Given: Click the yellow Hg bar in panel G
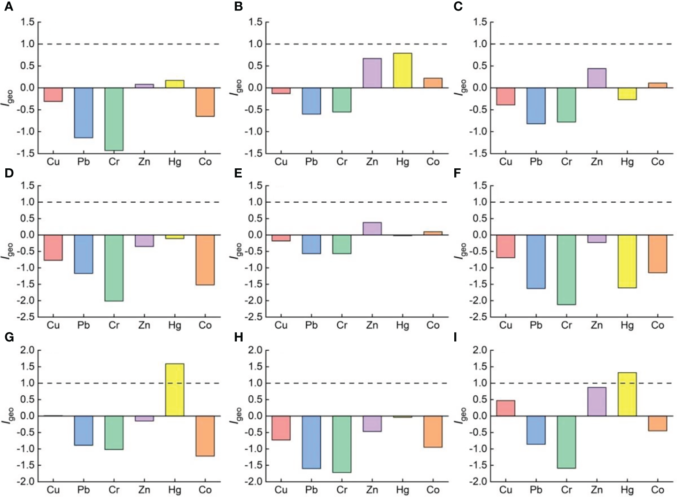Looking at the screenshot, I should (x=175, y=389).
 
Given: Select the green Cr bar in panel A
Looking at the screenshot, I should (x=114, y=119).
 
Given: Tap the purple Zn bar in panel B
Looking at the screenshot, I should (x=372, y=73).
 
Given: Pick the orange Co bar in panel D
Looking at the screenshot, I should (x=205, y=260).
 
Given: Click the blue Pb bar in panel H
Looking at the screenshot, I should (x=311, y=442).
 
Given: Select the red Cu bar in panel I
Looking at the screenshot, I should (x=505, y=408).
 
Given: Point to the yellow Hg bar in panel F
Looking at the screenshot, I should (x=627, y=261).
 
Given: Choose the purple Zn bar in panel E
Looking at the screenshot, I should (x=372, y=228).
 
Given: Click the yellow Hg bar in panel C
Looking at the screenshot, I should (x=627, y=94).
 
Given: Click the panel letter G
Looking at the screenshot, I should (x=9, y=338).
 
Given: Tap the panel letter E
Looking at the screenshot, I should (x=238, y=173).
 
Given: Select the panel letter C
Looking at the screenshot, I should (x=458, y=7).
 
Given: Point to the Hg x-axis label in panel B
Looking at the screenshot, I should (x=402, y=162).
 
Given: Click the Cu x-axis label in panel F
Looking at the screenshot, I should (x=505, y=326).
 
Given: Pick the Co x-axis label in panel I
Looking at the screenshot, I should (x=657, y=490).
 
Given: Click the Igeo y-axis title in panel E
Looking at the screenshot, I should (x=236, y=250).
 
